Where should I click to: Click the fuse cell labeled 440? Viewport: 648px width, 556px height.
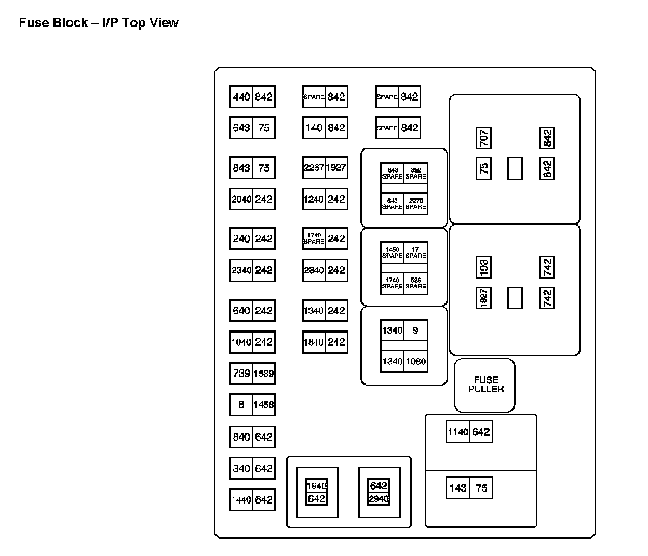(x=241, y=97)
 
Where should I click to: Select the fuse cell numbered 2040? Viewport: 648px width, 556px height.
(x=241, y=199)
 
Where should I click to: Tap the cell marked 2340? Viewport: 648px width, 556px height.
(x=241, y=270)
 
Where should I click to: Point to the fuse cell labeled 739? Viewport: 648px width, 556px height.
(x=241, y=373)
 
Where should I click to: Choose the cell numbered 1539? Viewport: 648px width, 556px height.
(x=264, y=373)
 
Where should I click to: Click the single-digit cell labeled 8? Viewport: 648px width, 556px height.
(x=241, y=404)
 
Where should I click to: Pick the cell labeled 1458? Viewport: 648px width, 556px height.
(x=264, y=404)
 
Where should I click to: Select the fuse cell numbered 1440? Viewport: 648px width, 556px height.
(x=241, y=500)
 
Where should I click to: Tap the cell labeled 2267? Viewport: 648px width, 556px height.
(x=314, y=168)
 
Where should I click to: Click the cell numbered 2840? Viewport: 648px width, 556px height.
(x=314, y=270)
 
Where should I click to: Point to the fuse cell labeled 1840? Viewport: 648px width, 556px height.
(x=314, y=342)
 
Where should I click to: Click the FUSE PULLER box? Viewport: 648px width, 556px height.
(x=485, y=385)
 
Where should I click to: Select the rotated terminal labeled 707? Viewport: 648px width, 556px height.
(x=483, y=138)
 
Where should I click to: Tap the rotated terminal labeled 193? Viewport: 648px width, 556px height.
(x=483, y=268)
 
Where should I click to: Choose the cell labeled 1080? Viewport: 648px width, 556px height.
(x=416, y=361)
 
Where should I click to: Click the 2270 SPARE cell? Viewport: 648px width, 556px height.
(x=416, y=204)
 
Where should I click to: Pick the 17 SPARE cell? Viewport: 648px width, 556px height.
(x=416, y=253)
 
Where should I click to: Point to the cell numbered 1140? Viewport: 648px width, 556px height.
(x=457, y=432)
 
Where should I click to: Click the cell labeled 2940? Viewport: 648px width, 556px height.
(x=379, y=499)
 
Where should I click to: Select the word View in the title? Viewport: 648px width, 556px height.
(x=164, y=23)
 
